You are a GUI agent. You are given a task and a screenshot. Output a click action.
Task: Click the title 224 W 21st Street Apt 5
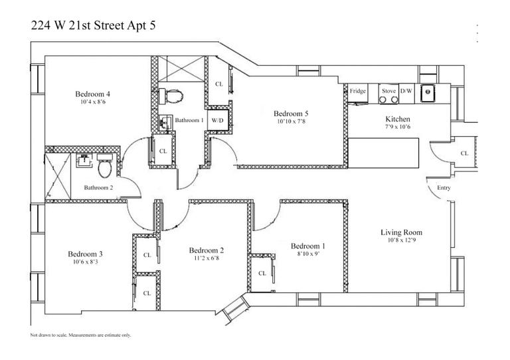[x=92, y=27]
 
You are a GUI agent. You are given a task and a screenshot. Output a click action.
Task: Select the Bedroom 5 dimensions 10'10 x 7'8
[x=292, y=122]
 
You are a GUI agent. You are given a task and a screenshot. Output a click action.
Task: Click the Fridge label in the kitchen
[x=358, y=91]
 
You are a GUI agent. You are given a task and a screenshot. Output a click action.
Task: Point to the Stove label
[x=388, y=91]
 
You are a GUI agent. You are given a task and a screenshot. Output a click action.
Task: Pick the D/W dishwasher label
[x=407, y=91]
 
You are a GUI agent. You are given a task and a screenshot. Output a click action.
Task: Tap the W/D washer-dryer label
[x=217, y=121]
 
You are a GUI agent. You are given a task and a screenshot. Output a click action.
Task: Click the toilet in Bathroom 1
[x=174, y=96]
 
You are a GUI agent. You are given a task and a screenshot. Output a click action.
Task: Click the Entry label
[x=444, y=188]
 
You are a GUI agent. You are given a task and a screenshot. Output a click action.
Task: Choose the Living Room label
[x=401, y=232]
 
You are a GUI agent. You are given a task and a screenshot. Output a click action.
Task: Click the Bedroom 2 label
[x=206, y=250]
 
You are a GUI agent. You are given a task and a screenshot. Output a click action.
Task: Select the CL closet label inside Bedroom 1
[x=262, y=273]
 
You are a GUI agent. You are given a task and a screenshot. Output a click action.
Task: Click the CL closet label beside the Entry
[x=464, y=153]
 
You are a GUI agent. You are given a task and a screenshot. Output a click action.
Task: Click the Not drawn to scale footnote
[x=80, y=335]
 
